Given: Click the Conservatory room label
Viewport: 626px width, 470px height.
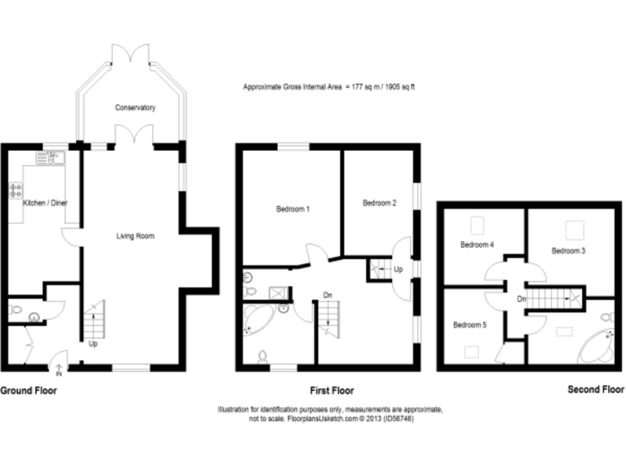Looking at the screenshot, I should tap(135, 108).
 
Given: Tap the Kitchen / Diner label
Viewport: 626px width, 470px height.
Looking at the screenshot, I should tap(44, 202).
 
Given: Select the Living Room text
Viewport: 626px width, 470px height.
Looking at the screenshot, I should tap(134, 236).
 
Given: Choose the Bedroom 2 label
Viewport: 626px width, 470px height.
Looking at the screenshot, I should tap(379, 202).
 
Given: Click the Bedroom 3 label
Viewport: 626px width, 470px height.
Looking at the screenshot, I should tap(568, 251).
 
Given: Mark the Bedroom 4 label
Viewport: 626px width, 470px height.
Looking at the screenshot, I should tap(476, 244).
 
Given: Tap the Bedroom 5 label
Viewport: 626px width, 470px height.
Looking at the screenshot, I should tap(469, 325).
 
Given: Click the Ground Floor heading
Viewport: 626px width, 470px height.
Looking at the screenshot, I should tap(29, 391).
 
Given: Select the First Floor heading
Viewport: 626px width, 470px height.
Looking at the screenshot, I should tap(332, 391).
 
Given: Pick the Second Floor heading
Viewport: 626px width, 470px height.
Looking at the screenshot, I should tap(595, 390).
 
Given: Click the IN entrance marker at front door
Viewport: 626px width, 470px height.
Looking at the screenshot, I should tap(58, 375).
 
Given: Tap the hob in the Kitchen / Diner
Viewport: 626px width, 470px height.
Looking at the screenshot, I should tap(15, 190).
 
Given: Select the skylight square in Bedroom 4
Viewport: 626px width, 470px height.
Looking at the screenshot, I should tap(478, 223).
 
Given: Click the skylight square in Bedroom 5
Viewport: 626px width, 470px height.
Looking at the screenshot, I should tap(471, 352).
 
